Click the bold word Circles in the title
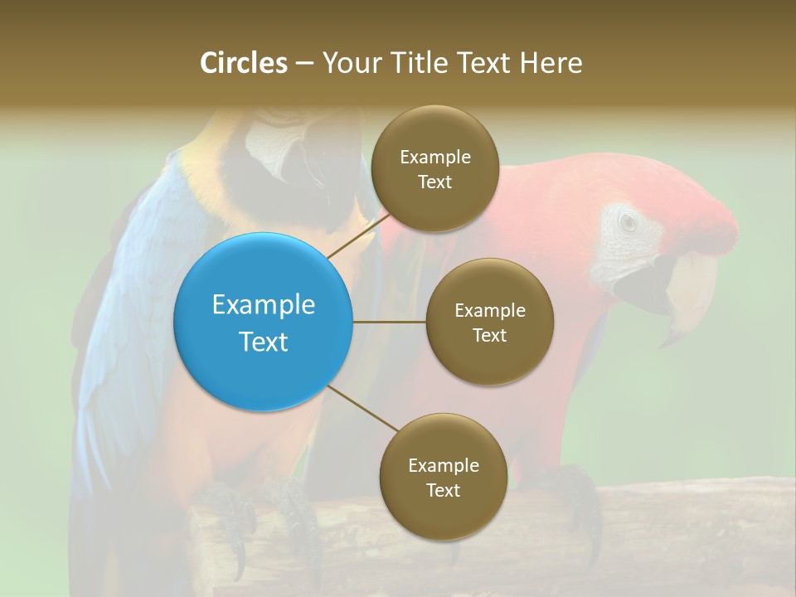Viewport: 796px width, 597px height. pyautogui.click(x=243, y=63)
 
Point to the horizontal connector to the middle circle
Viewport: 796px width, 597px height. pyautogui.click(x=390, y=322)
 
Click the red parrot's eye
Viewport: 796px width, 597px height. pyautogui.click(x=628, y=222)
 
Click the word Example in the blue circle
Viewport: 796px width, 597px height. pyautogui.click(x=264, y=304)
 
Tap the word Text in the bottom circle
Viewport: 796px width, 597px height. pyautogui.click(x=443, y=490)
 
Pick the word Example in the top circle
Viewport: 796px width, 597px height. pyautogui.click(x=434, y=158)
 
